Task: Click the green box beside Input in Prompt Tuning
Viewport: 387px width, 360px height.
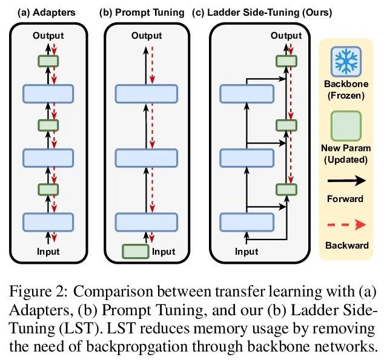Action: pos(135,250)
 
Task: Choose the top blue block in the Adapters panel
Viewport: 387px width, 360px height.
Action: pos(48,93)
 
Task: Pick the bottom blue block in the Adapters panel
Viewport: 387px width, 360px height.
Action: pos(48,221)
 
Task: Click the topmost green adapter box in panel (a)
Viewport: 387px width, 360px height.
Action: pos(48,61)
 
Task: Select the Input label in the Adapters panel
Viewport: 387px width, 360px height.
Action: pos(48,250)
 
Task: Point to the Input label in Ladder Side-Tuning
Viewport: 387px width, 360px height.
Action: pos(246,251)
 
